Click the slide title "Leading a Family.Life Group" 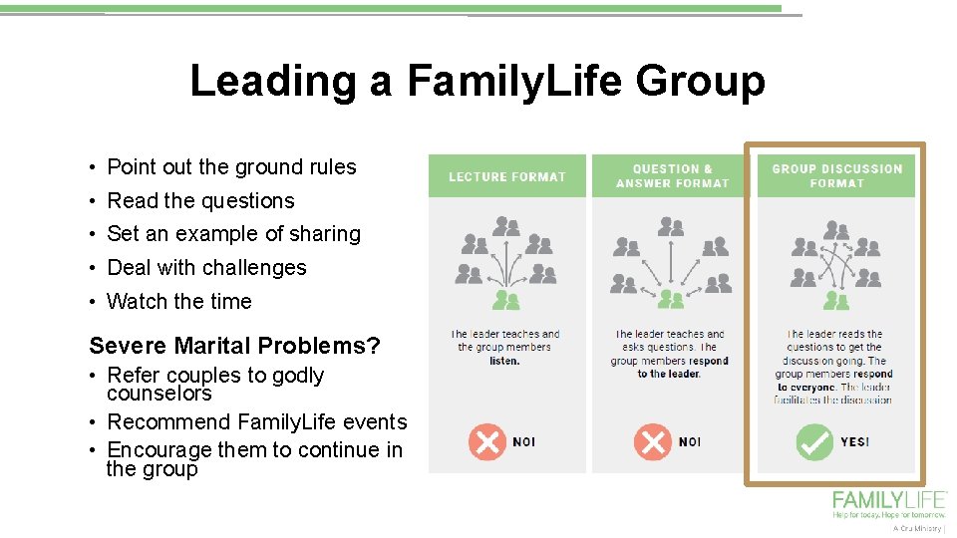coord(478,81)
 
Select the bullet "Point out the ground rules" coord(231,167)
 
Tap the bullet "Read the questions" coord(200,201)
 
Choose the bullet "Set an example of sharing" coord(233,234)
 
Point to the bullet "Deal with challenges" coord(206,268)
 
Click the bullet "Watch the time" coord(179,302)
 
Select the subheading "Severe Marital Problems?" coord(234,347)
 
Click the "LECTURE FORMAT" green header coord(507,176)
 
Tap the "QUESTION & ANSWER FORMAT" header coord(672,176)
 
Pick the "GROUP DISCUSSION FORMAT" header coord(836,176)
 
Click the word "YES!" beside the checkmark coord(855,442)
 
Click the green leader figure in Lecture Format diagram coord(506,299)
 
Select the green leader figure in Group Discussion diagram coord(836,299)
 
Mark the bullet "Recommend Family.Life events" coord(256,422)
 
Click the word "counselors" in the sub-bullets coord(159,394)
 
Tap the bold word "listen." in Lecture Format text coord(504,361)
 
